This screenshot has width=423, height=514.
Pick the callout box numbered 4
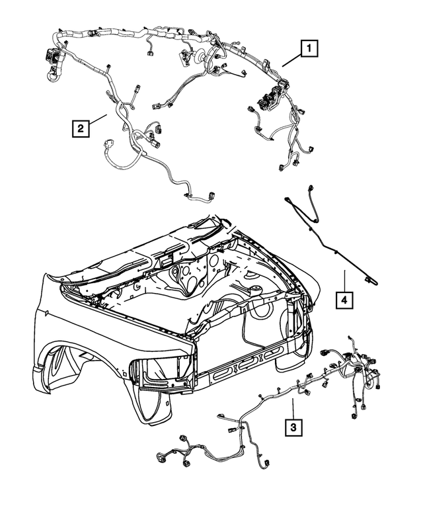pyautogui.click(x=343, y=301)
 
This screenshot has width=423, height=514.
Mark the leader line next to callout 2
pyautogui.click(x=98, y=119)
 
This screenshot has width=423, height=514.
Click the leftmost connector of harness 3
pyautogui.click(x=161, y=458)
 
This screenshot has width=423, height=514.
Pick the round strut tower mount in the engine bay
pyautogui.click(x=254, y=290)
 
